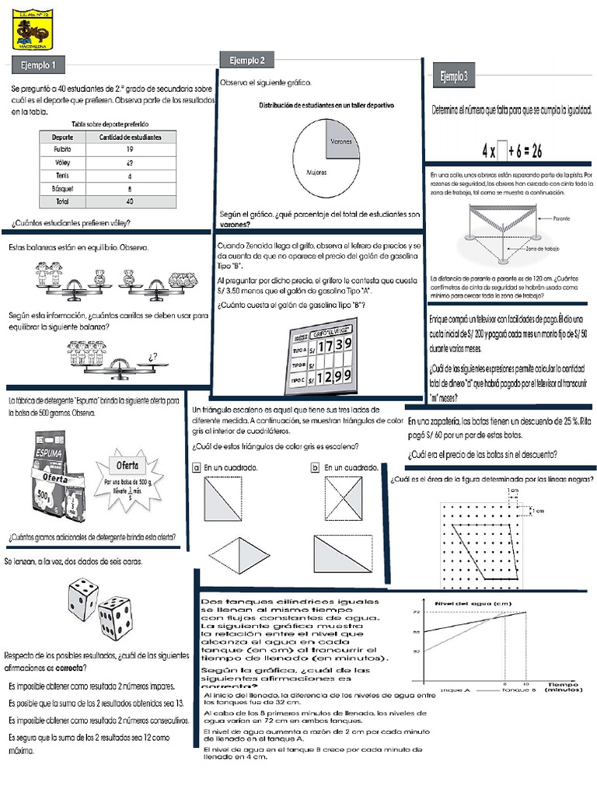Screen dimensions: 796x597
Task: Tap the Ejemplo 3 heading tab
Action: [454, 76]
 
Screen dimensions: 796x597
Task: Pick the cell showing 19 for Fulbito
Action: [130, 148]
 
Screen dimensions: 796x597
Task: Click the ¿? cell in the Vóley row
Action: [129, 162]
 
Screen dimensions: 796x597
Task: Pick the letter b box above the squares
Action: [315, 468]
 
